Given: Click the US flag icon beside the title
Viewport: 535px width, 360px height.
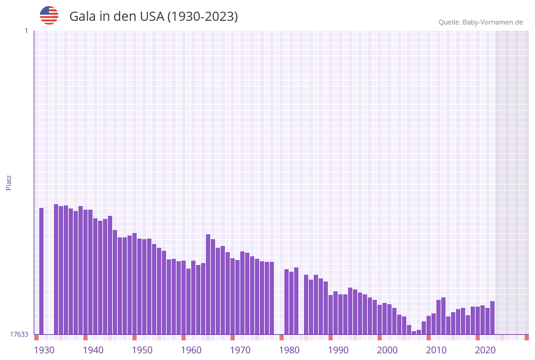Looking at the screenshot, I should coord(49,15).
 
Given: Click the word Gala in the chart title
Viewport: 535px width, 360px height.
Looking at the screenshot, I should coord(83,17).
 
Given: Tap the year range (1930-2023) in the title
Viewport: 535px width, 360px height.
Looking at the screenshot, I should coord(202,17).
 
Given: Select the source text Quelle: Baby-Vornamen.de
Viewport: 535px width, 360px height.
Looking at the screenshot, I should coord(480,22).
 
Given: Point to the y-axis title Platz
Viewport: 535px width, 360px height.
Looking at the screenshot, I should coord(9,182).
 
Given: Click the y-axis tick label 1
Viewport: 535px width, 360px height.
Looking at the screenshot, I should coord(26,31).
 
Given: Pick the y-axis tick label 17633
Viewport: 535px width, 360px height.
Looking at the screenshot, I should coord(18,334).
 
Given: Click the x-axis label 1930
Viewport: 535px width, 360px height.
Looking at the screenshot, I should coord(44,350).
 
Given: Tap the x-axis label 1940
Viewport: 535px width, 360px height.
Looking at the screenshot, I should coord(93,350).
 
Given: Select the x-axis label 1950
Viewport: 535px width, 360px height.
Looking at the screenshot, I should coord(142,350).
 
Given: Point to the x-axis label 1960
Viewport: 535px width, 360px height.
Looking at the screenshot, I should coord(191,350).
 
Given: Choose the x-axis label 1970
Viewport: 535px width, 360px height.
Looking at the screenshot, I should coord(240,350).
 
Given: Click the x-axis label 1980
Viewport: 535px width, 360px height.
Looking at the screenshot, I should coord(289,350).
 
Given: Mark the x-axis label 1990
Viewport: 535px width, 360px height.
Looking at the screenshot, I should coord(338,350).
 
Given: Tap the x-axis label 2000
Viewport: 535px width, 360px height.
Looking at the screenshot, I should coord(387,350).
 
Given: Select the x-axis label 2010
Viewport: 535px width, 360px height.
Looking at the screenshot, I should coord(436,350).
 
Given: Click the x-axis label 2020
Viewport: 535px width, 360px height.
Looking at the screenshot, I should coord(485,350).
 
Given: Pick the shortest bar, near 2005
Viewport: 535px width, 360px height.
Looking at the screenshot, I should coord(414,332).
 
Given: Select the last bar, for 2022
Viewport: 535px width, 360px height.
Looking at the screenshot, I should coord(492,318).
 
